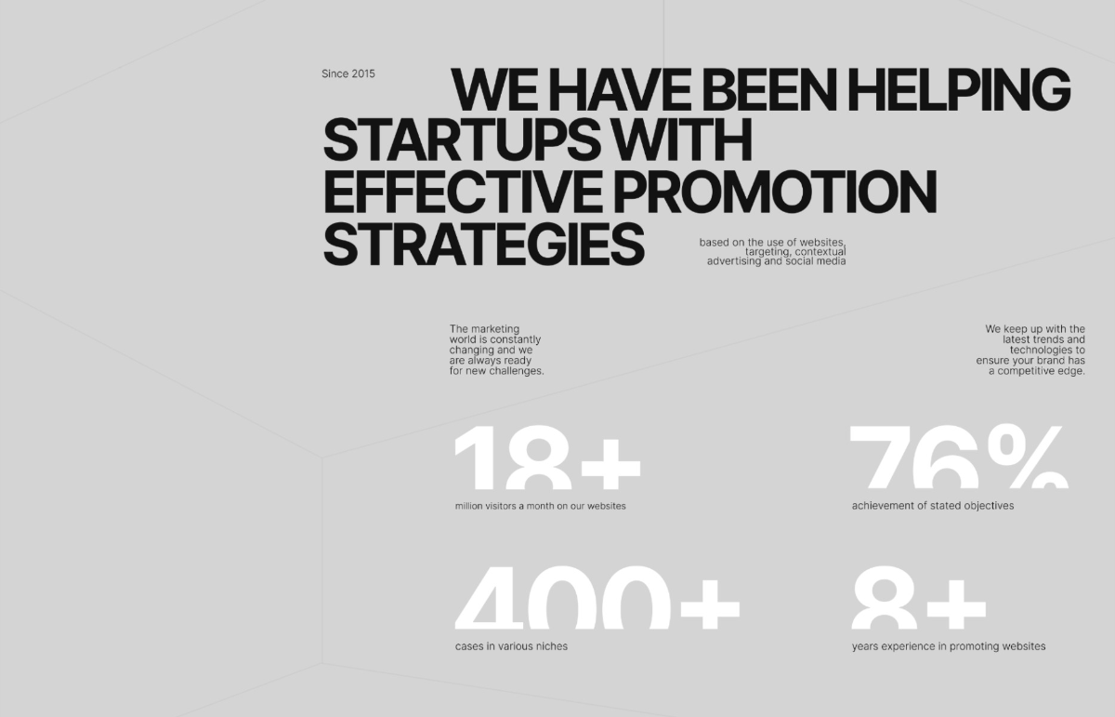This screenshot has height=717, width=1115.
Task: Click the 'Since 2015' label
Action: coord(348,73)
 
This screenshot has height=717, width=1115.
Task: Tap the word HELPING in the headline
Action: coord(959,89)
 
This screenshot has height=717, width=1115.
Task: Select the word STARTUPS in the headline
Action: coord(462,140)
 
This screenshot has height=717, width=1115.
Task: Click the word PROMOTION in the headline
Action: coord(775,192)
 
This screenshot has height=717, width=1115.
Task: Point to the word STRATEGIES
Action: coord(484,245)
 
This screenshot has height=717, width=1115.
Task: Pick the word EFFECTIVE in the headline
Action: coord(464,192)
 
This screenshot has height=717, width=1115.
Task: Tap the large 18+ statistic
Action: coord(547,457)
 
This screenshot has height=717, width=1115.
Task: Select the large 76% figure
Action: coord(959,456)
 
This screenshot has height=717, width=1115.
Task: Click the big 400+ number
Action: coord(597,597)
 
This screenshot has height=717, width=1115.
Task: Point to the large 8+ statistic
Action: coord(919,597)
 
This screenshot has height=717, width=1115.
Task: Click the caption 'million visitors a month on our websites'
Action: coord(540,506)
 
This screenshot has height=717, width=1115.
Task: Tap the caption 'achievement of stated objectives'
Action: coord(932,506)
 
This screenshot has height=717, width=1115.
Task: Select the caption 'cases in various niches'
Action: coord(511,646)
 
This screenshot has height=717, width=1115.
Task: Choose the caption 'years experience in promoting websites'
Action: coord(949,646)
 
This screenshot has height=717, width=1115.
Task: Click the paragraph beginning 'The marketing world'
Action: coord(496,350)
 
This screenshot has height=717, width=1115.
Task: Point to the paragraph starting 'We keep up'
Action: coord(1030,350)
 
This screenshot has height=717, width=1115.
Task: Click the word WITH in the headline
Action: coord(681,140)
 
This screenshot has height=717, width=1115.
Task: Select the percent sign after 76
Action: coord(1029,456)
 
